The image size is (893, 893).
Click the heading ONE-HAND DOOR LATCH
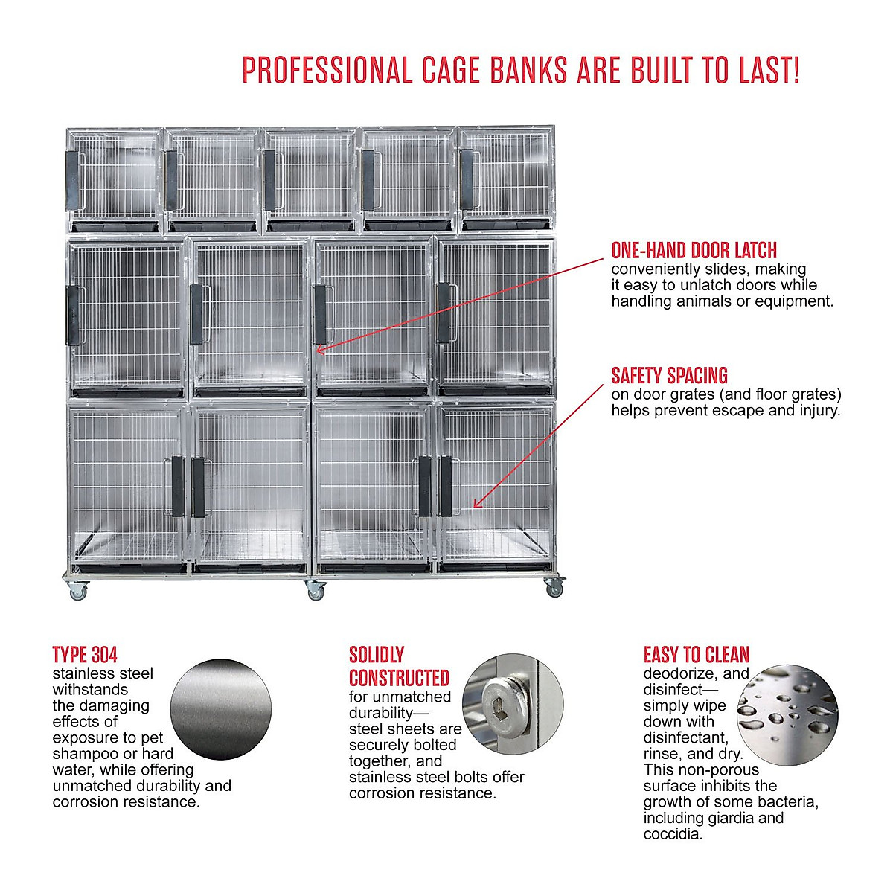pyautogui.click(x=694, y=250)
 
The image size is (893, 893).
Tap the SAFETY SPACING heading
pyautogui.click(x=669, y=375)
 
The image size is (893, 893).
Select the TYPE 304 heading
pyautogui.click(x=85, y=655)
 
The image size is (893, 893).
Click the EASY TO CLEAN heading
pyautogui.click(x=696, y=655)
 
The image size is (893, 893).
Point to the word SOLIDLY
pyautogui.click(x=377, y=655)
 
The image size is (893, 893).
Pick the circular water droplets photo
pyautogui.click(x=787, y=714)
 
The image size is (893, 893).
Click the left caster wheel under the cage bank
pyautogui.click(x=77, y=592)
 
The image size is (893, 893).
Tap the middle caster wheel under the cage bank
pyautogui.click(x=316, y=592)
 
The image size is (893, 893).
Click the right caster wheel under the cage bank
pyautogui.click(x=554, y=589)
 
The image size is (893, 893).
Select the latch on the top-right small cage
pyautogui.click(x=466, y=179)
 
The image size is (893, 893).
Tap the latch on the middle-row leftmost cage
pyautogui.click(x=74, y=316)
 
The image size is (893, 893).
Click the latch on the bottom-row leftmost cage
pyautogui.click(x=178, y=487)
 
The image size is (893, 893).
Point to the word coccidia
pyautogui.click(x=672, y=834)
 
